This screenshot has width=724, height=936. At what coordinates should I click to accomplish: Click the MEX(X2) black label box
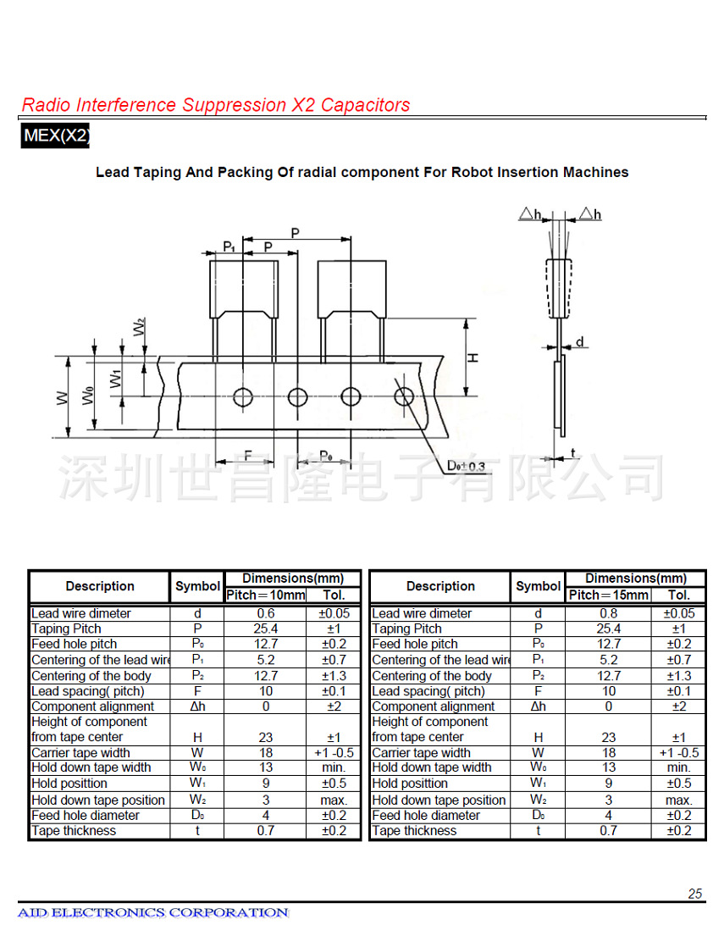point(56,136)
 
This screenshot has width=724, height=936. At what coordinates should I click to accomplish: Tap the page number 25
point(694,894)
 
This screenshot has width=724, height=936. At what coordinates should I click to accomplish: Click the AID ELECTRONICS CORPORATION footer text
point(153,912)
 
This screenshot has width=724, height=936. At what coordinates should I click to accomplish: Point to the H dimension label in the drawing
point(473,357)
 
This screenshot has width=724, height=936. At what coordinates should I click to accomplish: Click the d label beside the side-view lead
point(579,342)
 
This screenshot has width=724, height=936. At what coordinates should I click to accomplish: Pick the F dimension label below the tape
point(248,456)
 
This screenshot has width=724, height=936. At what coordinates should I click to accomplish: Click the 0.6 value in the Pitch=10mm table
point(266,613)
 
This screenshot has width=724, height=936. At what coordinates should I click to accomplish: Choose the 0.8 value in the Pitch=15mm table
point(608,613)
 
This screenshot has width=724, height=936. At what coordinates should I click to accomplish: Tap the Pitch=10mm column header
point(266,595)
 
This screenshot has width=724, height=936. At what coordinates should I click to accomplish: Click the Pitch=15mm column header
point(608,595)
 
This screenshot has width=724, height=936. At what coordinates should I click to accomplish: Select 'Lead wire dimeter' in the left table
point(81,613)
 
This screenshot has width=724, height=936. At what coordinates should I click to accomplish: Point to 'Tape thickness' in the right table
point(415,831)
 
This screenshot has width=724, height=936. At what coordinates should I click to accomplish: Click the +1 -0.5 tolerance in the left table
point(334,752)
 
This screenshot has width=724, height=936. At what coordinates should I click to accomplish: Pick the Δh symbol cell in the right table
point(538,706)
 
